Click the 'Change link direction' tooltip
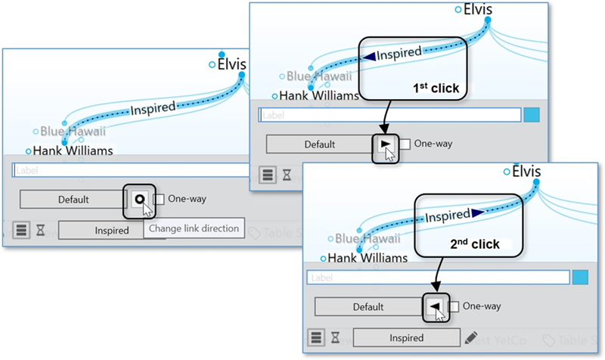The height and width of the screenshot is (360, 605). pyautogui.click(x=194, y=228)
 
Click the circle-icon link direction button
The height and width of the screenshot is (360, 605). pyautogui.click(x=139, y=200)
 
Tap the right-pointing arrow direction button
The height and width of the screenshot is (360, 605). pyautogui.click(x=386, y=143)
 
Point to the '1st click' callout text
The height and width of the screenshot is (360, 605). pyautogui.click(x=436, y=87)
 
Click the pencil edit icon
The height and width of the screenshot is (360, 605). pyautogui.click(x=471, y=337)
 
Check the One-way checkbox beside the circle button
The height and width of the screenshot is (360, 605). pyautogui.click(x=159, y=200)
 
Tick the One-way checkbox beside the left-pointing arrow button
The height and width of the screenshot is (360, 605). pyautogui.click(x=454, y=306)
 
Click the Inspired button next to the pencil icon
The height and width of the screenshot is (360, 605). pyautogui.click(x=407, y=338)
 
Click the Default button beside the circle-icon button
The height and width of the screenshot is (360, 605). pyautogui.click(x=73, y=200)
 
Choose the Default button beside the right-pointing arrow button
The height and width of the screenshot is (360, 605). pyautogui.click(x=319, y=144)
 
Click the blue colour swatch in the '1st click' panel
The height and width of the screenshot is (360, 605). pyautogui.click(x=532, y=115)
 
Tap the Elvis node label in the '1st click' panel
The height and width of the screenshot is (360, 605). pyautogui.click(x=477, y=9)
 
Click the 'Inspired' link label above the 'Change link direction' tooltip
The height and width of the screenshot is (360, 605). pyautogui.click(x=153, y=109)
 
